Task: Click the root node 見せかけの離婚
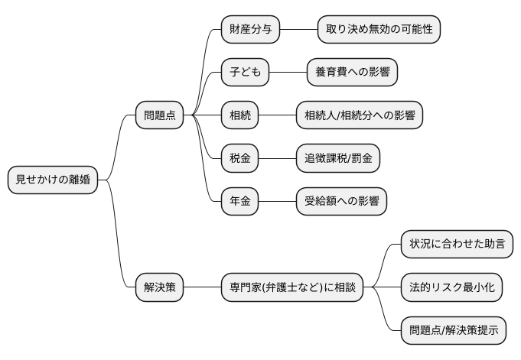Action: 52,180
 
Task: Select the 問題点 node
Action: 159,115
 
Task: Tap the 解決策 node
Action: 159,288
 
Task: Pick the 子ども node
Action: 245,73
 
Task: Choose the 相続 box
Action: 239,115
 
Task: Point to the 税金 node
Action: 239,159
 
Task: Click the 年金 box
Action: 239,202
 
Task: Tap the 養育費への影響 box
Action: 352,73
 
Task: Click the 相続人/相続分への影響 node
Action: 359,115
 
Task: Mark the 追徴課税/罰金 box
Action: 338,159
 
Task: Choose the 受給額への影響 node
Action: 341,202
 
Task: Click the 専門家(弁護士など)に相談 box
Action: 292,288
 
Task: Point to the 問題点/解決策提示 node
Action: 454,331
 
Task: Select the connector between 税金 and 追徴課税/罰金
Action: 277,159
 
